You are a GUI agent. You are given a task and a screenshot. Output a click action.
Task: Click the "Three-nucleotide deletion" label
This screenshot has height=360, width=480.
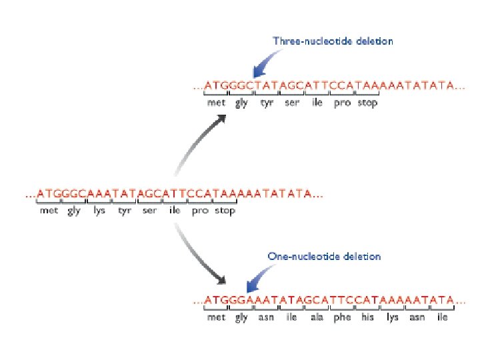(x=333, y=41)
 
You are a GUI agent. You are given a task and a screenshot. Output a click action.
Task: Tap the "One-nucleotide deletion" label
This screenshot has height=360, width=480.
(x=324, y=256)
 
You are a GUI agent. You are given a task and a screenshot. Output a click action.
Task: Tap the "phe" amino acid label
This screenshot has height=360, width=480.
(x=342, y=318)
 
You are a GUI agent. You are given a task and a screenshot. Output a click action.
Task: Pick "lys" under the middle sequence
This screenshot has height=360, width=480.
(x=100, y=211)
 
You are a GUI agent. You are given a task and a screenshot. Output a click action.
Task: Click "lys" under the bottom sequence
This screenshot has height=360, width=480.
(x=393, y=318)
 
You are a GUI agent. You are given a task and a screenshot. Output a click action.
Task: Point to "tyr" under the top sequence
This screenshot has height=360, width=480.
(x=267, y=103)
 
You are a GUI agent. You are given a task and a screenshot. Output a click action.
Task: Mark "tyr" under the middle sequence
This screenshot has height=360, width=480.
(x=125, y=211)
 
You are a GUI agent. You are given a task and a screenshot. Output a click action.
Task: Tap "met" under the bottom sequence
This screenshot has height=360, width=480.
(x=216, y=318)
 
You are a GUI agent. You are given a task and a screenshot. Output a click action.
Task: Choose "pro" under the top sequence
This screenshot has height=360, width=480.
(x=341, y=103)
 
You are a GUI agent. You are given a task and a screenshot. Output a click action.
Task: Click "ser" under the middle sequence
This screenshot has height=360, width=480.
(x=150, y=211)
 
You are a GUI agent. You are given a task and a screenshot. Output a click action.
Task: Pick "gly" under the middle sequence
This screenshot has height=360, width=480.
(x=74, y=211)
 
